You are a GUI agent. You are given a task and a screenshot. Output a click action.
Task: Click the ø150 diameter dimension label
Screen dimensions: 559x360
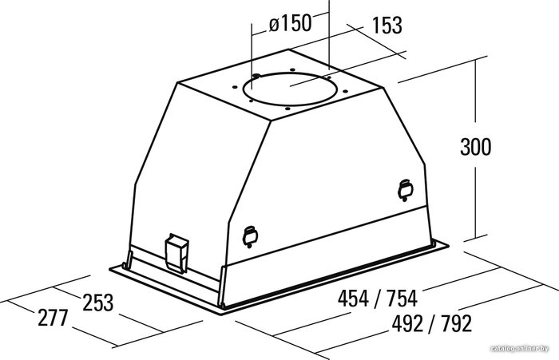point(290,24)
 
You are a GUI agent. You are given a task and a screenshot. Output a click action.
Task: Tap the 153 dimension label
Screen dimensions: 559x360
point(387,26)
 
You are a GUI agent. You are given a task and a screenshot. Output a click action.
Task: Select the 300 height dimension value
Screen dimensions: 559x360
point(476,147)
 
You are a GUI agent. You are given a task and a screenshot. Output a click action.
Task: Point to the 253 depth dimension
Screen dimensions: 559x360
point(98,303)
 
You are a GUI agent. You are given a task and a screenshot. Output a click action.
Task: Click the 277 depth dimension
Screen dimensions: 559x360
point(53,318)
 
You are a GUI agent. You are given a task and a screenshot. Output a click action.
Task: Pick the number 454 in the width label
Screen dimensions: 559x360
point(353,299)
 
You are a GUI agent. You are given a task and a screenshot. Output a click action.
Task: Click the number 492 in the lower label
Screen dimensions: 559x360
point(407,323)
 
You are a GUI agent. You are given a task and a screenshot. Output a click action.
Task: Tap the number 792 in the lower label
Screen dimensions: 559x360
point(456,323)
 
